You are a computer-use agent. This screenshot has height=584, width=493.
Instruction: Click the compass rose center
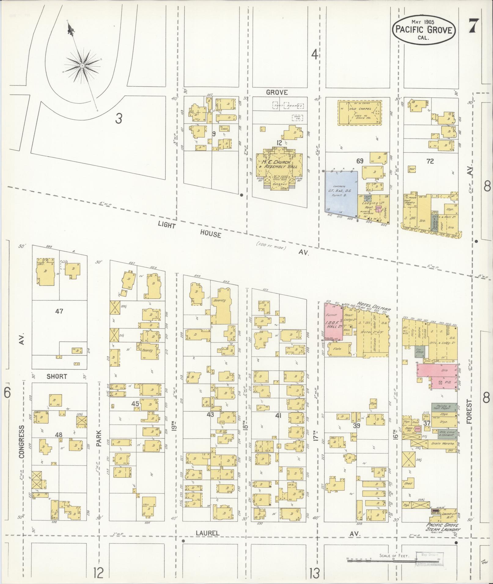pos(82,66)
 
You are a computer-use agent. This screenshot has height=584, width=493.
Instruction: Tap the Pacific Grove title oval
pos(424,30)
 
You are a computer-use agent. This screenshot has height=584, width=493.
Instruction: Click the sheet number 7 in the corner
pos(473,26)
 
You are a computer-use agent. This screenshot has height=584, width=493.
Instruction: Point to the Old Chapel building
pos(360,112)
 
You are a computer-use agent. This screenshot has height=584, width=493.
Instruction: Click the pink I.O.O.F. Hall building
pos(333,321)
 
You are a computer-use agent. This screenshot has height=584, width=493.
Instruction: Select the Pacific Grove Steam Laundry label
pos(445,531)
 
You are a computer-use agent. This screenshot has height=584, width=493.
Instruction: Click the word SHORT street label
pos(57,376)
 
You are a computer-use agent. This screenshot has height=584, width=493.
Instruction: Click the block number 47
pos(59,311)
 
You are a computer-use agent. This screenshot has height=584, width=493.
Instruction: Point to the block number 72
pos(430,161)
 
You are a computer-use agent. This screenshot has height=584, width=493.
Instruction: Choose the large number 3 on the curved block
pos(119,118)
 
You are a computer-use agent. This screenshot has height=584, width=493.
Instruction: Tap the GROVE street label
pos(277,92)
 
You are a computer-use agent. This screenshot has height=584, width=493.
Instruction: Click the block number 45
pos(135,404)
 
